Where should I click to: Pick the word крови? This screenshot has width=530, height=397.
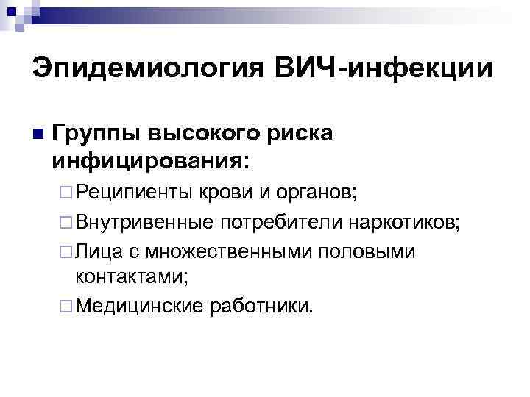[227, 192]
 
